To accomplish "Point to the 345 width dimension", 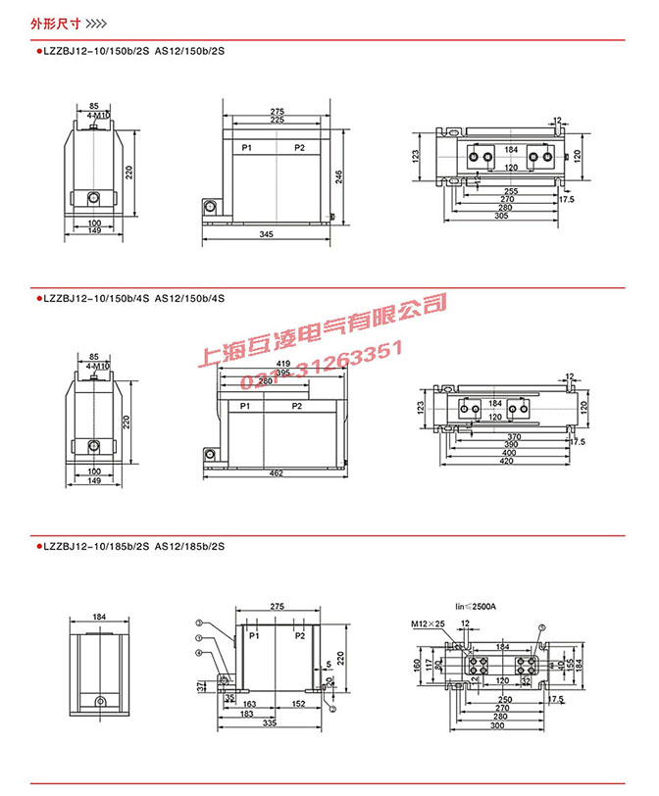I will click(x=267, y=235).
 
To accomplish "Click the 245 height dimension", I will click(x=339, y=176).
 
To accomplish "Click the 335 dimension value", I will click(x=268, y=723).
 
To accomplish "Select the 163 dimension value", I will click(x=248, y=704).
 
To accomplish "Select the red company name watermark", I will click(x=324, y=328).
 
